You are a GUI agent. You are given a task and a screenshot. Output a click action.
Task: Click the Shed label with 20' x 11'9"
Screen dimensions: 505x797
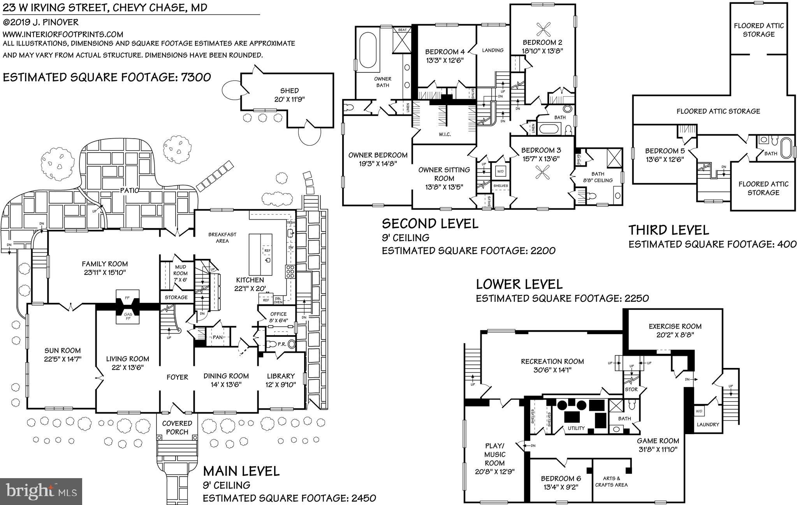click(x=289, y=95)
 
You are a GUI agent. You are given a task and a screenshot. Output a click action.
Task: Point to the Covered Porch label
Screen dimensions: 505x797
click(x=177, y=428)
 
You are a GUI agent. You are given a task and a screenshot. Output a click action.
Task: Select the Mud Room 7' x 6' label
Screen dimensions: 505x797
click(x=180, y=273)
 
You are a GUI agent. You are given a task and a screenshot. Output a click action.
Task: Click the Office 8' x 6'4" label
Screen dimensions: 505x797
click(x=278, y=317)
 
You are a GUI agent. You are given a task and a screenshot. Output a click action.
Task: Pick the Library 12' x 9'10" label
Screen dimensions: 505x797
click(x=281, y=380)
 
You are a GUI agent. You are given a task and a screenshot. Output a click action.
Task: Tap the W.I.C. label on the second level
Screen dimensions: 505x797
click(x=444, y=134)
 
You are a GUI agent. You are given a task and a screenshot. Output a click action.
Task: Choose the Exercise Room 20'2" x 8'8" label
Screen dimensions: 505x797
click(x=675, y=330)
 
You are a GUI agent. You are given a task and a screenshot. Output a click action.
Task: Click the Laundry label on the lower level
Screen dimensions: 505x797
click(x=707, y=424)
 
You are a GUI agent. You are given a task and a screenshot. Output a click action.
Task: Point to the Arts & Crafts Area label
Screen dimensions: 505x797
click(x=611, y=481)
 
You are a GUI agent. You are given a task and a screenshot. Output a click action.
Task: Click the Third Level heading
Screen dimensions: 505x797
click(x=669, y=230)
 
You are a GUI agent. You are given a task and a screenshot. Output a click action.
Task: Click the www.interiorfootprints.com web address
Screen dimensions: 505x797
click(x=63, y=34)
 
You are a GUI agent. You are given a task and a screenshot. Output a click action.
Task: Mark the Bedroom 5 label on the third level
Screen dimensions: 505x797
click(x=665, y=151)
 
